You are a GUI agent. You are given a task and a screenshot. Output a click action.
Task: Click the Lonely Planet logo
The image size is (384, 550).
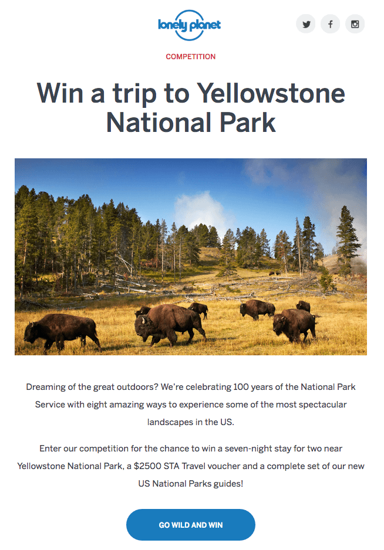point(190,25)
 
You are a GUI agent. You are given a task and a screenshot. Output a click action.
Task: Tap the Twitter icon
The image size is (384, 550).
point(306,24)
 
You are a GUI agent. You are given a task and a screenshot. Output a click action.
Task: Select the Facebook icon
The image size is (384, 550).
point(330,24)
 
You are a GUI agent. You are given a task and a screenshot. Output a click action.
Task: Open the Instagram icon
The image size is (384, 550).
point(355,24)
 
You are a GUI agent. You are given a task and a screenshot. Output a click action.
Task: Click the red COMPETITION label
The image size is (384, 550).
point(191,56)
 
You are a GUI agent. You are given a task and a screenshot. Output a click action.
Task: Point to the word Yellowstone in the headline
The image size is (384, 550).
point(271,93)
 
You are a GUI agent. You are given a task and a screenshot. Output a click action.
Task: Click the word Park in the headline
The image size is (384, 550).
point(247,123)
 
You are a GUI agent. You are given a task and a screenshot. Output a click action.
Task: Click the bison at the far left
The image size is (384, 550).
point(62,331)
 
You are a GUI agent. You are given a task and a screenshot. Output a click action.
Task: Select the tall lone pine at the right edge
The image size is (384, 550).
point(347,239)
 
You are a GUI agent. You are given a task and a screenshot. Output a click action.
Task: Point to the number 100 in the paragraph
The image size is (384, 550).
point(241,387)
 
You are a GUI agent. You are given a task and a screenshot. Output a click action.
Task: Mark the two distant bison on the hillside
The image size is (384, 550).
point(275,273)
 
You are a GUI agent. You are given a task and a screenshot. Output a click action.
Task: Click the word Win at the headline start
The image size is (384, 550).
point(60,93)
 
